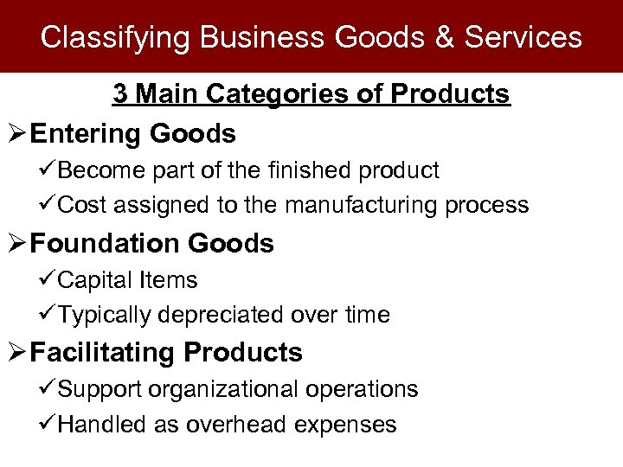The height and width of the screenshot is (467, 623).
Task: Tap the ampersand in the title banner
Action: point(444,37)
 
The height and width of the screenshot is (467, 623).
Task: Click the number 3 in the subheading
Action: point(120,93)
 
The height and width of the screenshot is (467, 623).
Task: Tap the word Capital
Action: point(94,280)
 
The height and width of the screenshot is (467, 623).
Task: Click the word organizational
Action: point(226,390)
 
